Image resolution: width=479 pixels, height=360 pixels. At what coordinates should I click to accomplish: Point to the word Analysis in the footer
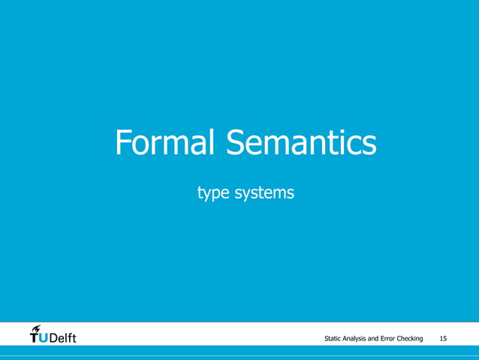[x=360, y=340]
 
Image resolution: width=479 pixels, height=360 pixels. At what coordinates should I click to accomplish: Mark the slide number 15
[x=443, y=340]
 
